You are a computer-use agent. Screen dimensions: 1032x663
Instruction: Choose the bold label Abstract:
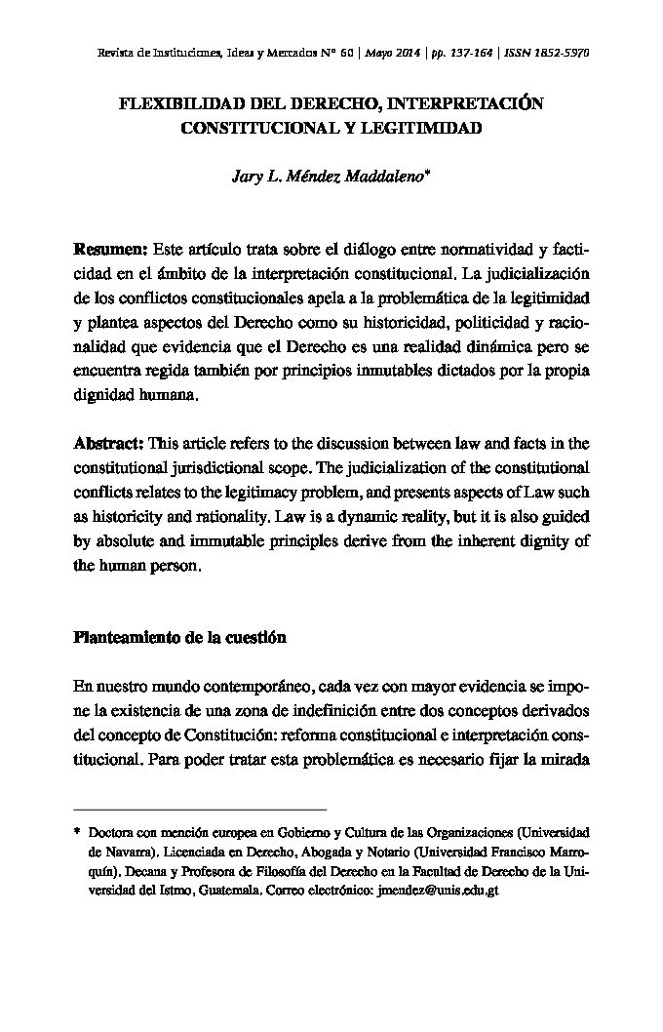tap(109, 441)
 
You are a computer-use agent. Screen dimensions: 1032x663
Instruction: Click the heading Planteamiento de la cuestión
tap(179, 638)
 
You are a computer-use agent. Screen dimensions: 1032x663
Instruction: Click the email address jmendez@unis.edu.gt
tap(437, 891)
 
